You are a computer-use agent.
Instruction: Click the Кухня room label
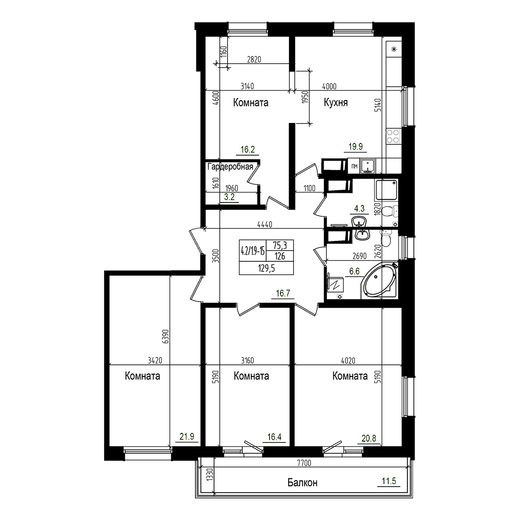tap(336, 103)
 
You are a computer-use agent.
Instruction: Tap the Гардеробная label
tap(230, 167)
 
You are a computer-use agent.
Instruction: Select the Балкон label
tap(302, 483)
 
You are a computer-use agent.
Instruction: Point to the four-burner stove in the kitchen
tap(393, 136)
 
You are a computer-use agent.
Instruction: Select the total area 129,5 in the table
tap(266, 268)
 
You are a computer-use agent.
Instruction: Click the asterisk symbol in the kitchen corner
tap(394, 49)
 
